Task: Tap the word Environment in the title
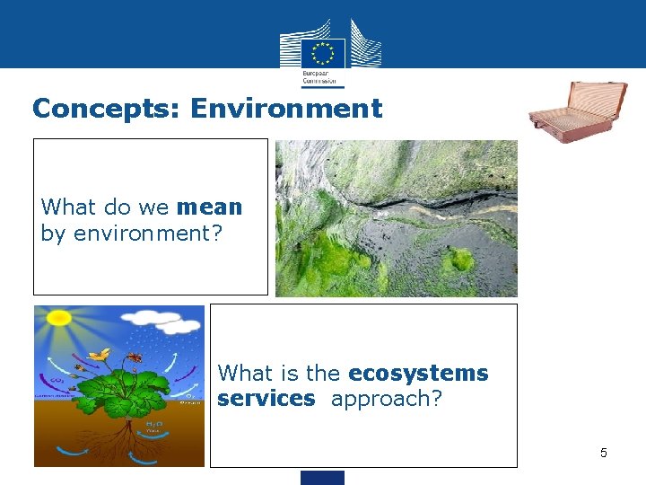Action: tap(286, 109)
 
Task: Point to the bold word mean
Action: tap(210, 207)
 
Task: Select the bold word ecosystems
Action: tap(418, 373)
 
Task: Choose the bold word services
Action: tap(266, 398)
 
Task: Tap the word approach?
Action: tap(387, 398)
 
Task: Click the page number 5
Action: tap(603, 453)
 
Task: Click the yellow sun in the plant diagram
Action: tap(59, 317)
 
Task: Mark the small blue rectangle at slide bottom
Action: tap(322, 478)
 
